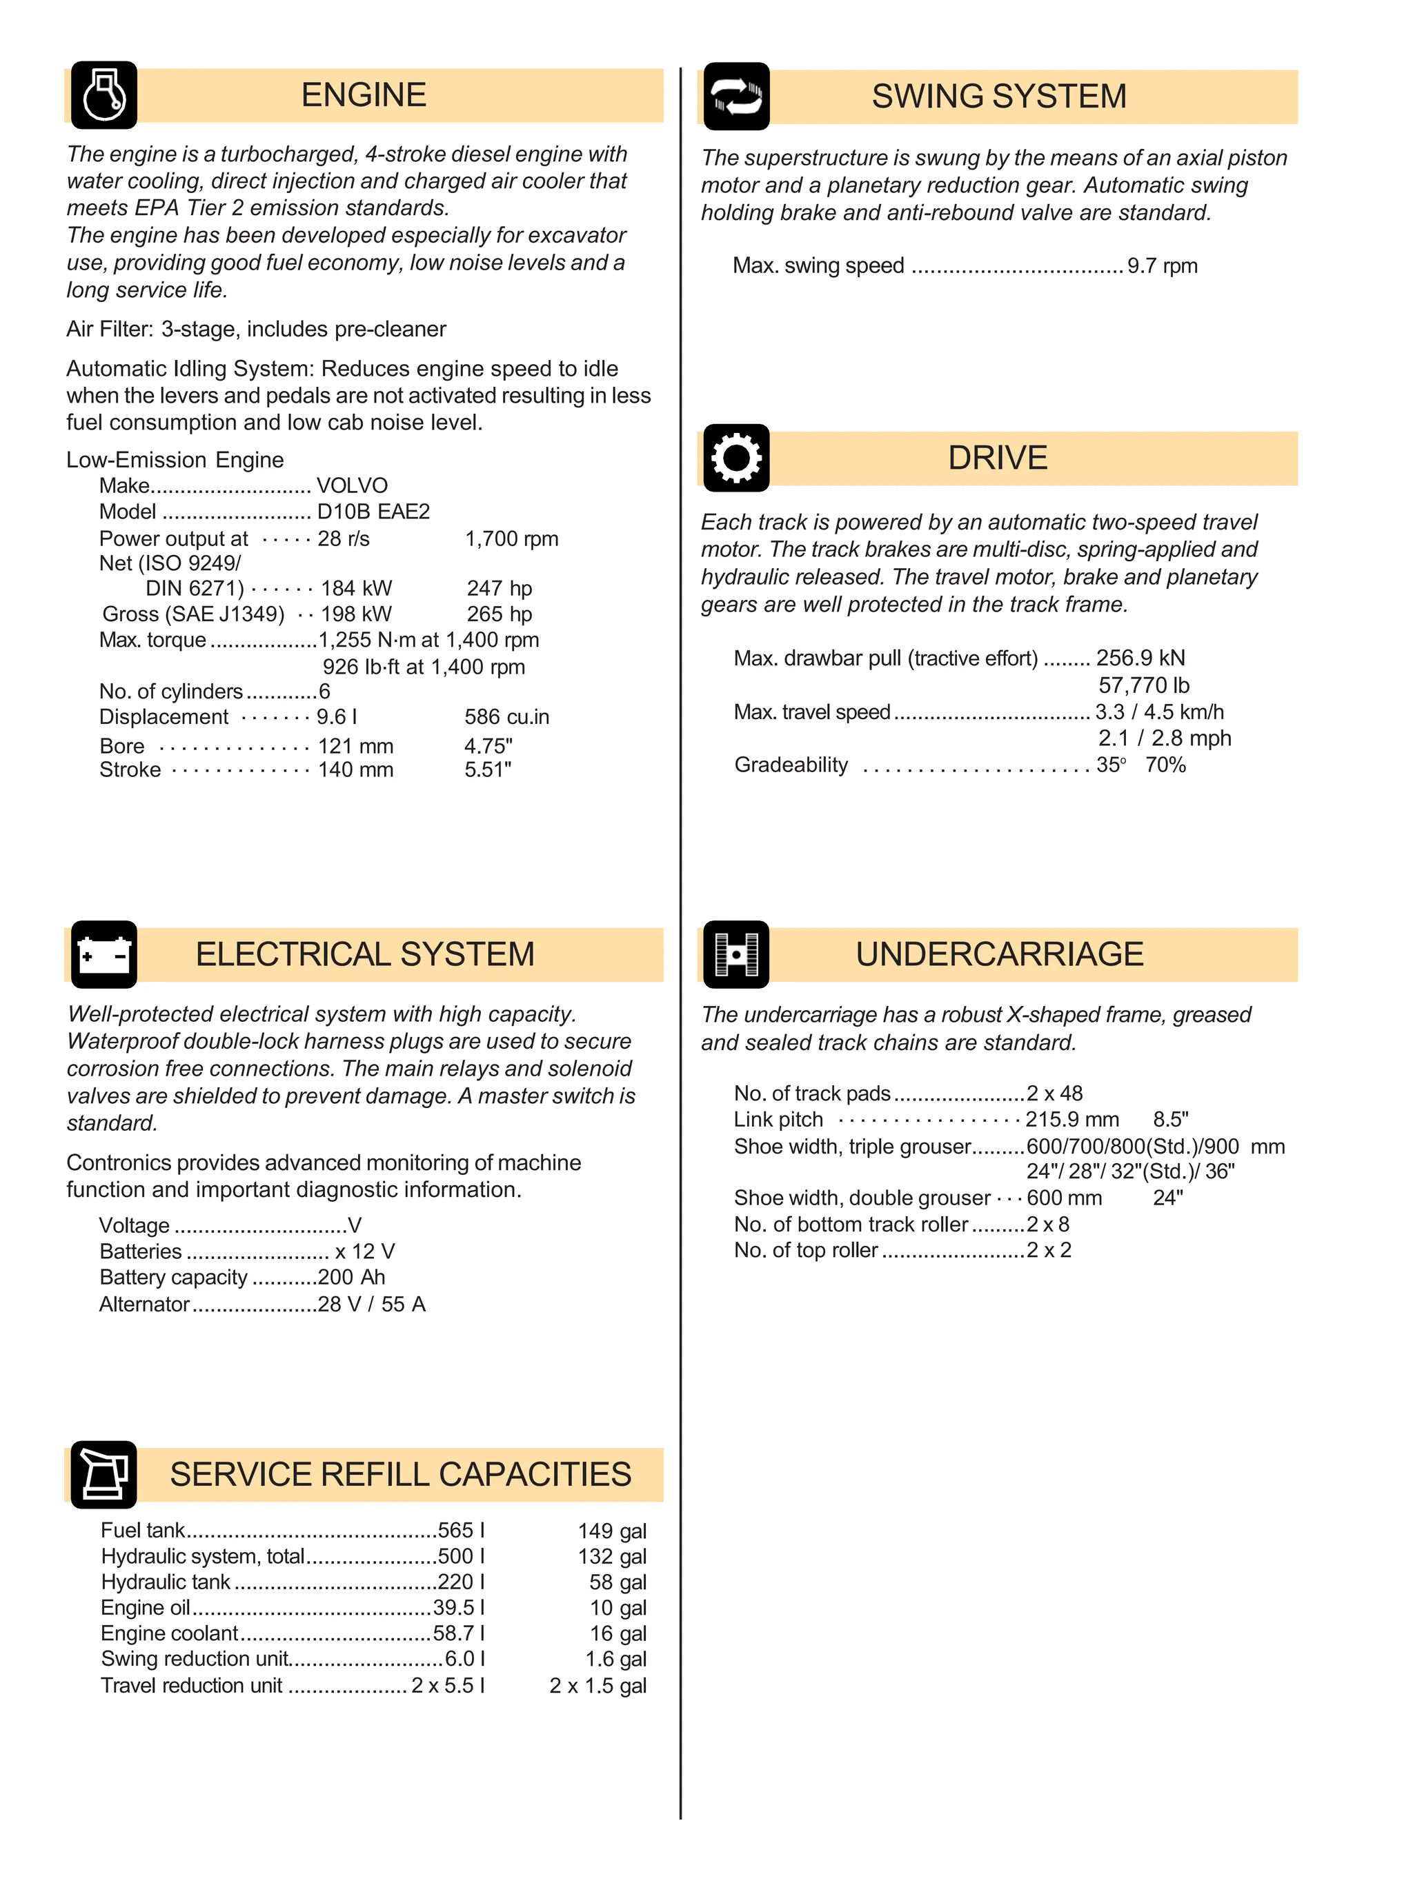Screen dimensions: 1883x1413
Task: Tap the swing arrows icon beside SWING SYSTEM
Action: pos(736,97)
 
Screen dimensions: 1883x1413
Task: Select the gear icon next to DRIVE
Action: pos(736,458)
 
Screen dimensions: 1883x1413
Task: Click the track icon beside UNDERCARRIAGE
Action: pos(736,954)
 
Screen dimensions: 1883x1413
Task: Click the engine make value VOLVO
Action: pos(352,485)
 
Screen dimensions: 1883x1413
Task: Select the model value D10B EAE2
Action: pos(373,512)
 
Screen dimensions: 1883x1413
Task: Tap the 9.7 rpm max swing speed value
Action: pos(1162,265)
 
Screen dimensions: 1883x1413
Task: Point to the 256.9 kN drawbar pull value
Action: pos(1140,658)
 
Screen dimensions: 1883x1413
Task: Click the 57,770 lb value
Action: pos(1143,685)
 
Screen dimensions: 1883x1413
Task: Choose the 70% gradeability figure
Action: pos(1165,765)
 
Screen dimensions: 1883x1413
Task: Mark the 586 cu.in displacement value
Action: pos(507,717)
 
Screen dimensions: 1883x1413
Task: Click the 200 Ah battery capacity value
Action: pos(351,1277)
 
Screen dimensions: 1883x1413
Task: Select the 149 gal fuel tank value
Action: pos(611,1531)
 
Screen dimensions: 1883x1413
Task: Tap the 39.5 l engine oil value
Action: pos(458,1607)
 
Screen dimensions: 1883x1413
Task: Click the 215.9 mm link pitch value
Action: pos(1071,1120)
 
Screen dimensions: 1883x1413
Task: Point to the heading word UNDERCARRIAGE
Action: pos(999,954)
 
